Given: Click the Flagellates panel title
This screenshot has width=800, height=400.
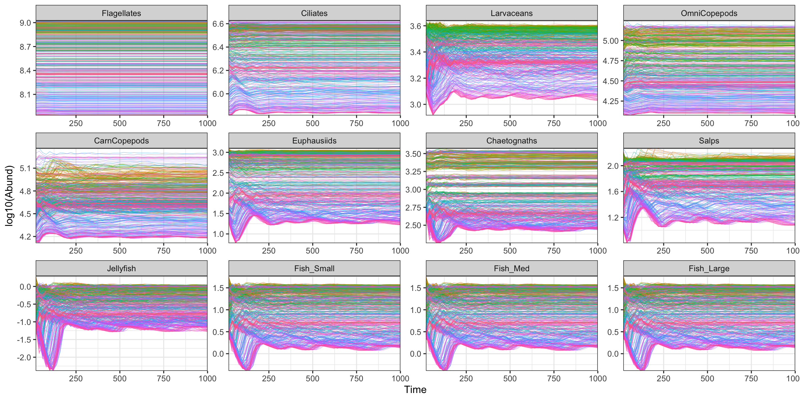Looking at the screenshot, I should [x=121, y=13].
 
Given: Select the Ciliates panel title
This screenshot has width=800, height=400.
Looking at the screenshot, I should [x=314, y=13].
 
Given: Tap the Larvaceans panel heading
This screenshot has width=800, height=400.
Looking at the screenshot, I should [x=511, y=13].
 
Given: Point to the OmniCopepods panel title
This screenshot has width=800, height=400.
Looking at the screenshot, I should [x=709, y=13].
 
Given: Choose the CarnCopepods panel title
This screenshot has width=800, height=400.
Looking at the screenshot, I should [x=121, y=141].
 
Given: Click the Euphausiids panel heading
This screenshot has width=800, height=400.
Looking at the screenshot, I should [x=314, y=141].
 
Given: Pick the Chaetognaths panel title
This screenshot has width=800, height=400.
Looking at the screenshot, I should [x=511, y=141].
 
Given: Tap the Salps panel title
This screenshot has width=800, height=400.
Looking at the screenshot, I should [x=709, y=141].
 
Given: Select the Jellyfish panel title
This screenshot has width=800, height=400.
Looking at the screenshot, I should [x=121, y=269].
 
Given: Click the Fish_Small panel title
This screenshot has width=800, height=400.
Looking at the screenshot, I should [x=314, y=269].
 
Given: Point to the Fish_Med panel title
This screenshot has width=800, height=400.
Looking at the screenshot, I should [x=511, y=269].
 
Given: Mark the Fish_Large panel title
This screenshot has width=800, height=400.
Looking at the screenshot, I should [x=709, y=269].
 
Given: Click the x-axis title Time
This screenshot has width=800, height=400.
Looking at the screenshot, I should [x=415, y=390].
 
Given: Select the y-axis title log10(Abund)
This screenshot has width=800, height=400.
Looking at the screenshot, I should [x=9, y=196].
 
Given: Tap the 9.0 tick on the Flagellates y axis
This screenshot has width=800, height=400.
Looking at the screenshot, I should [x=25, y=23].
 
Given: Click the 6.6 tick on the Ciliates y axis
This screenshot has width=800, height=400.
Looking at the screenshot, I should [x=218, y=24].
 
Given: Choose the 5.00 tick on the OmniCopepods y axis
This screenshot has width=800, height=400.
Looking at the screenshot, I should [x=611, y=41].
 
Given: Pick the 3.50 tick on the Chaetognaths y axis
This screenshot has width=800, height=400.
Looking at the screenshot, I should [x=413, y=154].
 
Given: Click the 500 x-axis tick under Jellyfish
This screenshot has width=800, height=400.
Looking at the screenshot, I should [x=120, y=379].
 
